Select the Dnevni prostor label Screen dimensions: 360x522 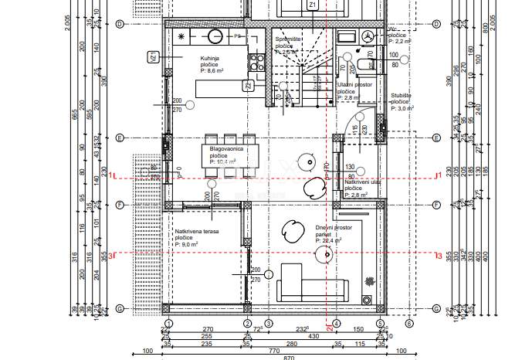pos(334,228)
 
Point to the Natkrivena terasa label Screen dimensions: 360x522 pos(195,231)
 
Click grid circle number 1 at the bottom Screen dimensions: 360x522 pos(169,324)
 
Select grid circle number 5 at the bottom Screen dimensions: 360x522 pos(380,324)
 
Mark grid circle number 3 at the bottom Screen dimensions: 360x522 pos(269,324)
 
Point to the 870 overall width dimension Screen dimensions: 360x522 pos(266,357)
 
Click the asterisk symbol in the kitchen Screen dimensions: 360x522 pos(181,36)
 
